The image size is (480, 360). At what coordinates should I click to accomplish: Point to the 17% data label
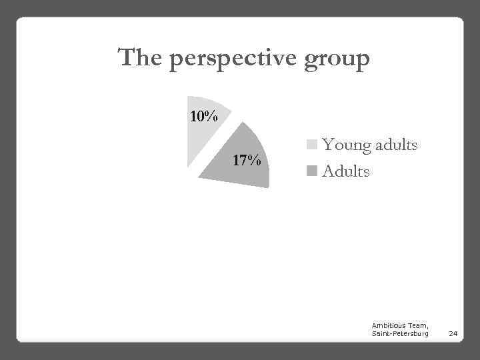tap(247, 161)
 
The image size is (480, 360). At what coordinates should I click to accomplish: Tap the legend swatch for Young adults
tap(312, 145)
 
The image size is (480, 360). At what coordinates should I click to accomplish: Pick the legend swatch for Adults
tap(312, 171)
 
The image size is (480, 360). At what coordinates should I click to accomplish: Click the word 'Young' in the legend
tap(345, 145)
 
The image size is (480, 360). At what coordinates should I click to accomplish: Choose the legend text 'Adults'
tap(345, 171)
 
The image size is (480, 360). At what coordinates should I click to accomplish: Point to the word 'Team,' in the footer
tap(418, 324)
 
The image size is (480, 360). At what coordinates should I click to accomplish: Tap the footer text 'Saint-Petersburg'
tap(400, 332)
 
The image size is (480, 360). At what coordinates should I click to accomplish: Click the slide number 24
tap(453, 332)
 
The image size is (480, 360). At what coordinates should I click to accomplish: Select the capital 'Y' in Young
tap(328, 144)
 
